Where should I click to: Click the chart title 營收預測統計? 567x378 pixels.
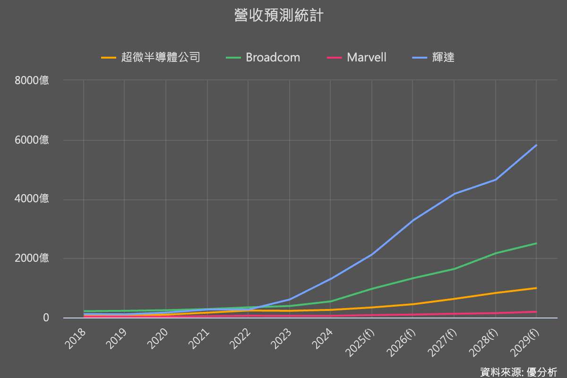click(x=279, y=16)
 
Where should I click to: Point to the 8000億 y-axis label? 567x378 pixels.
click(x=32, y=81)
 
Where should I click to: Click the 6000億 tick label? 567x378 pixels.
click(x=32, y=140)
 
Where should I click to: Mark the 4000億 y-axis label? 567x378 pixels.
click(x=32, y=199)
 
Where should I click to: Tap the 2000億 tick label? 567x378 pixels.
click(x=32, y=258)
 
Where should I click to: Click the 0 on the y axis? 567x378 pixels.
click(x=46, y=318)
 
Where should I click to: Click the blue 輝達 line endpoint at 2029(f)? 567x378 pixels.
click(x=536, y=145)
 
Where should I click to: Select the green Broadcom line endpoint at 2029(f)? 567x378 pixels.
click(x=536, y=243)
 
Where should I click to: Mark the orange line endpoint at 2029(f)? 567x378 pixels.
click(x=536, y=288)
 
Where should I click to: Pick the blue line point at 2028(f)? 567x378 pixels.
click(x=495, y=180)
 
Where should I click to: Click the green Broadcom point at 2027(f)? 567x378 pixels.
click(x=454, y=269)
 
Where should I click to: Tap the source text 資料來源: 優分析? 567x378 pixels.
click(x=518, y=371)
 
